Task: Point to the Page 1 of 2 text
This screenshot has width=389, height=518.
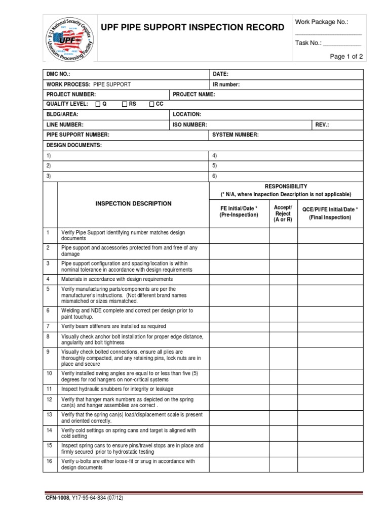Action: pyautogui.click(x=346, y=57)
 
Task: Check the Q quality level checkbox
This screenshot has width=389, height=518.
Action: pyautogui.click(x=98, y=104)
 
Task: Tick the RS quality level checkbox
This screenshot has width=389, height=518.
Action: pyautogui.click(x=125, y=104)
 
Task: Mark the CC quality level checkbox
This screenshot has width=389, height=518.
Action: pyautogui.click(x=151, y=104)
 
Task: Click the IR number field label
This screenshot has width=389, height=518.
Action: pyautogui.click(x=226, y=84)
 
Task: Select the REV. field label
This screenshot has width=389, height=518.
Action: pyautogui.click(x=322, y=124)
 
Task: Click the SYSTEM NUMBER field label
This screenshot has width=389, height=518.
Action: pyautogui.click(x=236, y=135)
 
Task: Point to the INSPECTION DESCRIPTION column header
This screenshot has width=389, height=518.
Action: pyautogui.click(x=134, y=203)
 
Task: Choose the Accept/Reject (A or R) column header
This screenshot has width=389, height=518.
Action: pyautogui.click(x=283, y=214)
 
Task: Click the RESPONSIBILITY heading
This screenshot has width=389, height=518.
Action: pyautogui.click(x=286, y=186)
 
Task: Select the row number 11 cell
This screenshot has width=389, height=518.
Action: pyautogui.click(x=50, y=389)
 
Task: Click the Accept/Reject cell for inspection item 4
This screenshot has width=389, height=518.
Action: pyautogui.click(x=283, y=279)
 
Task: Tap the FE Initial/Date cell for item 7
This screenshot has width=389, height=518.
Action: pyautogui.click(x=239, y=326)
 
